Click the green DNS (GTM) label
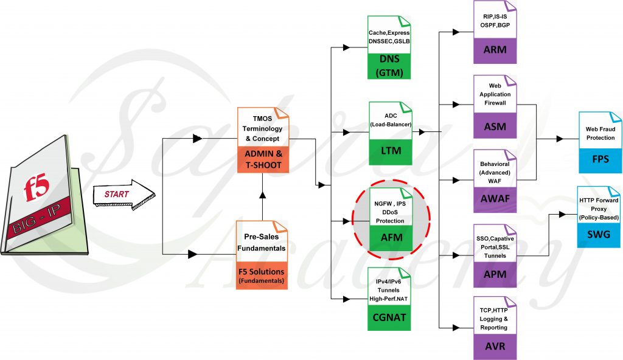coord(389,67)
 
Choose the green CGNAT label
coord(389,317)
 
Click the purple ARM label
coord(495,49)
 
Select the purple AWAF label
coord(495,199)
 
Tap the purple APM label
coord(495,274)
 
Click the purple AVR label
coord(495,347)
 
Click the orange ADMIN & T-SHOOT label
coord(262,159)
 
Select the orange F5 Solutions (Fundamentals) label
coord(262,275)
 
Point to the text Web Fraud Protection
coord(600,134)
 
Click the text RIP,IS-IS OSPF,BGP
coord(495,21)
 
